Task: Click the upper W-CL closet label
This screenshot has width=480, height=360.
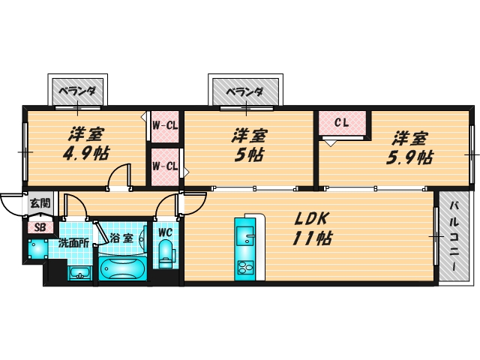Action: pyautogui.click(x=164, y=124)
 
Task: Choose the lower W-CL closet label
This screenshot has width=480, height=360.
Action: pyautogui.click(x=164, y=166)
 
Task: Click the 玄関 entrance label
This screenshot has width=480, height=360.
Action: pyautogui.click(x=40, y=202)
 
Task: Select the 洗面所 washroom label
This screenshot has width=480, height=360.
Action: pyautogui.click(x=75, y=243)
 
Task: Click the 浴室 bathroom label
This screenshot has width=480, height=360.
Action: pyautogui.click(x=121, y=238)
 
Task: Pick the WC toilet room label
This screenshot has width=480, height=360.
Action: pyautogui.click(x=166, y=231)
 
